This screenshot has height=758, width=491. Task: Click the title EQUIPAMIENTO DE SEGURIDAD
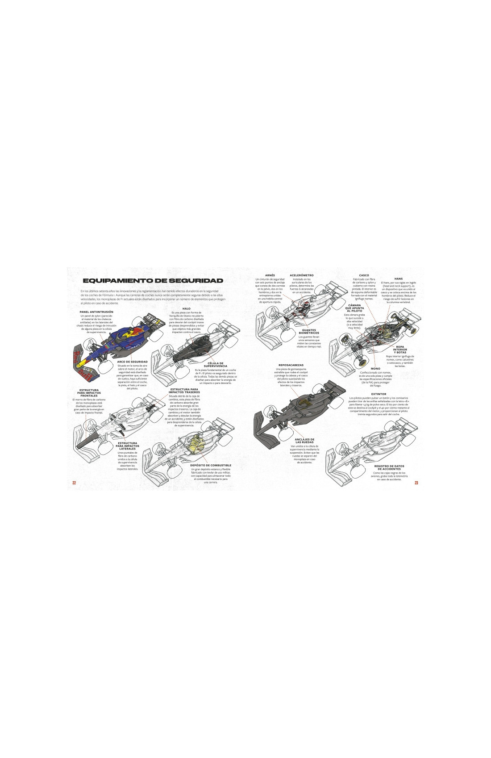coord(153,280)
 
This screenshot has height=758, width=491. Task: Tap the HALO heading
coord(186,308)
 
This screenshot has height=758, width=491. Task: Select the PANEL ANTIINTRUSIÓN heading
coord(96,312)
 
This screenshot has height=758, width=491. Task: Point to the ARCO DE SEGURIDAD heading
coord(132,362)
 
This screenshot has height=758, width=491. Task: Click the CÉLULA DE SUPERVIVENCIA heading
coord(215,365)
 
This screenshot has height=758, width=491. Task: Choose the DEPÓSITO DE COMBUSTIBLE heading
coord(211,465)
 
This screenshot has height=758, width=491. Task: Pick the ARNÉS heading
coord(270,275)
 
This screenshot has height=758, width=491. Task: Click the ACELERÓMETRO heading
coord(302,275)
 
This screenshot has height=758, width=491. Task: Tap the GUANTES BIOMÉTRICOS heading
coord(309,332)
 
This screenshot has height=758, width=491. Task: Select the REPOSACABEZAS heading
coord(291,365)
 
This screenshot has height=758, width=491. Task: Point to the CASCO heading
coord(364,275)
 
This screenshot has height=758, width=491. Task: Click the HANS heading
coord(399,279)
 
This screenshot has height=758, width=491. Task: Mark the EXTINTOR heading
coord(379,394)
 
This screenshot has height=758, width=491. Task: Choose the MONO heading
coord(375,369)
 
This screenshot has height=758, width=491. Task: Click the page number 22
coord(74,483)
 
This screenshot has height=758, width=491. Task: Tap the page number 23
coord(416,483)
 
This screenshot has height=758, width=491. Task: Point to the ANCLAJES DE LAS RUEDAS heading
coord(304,441)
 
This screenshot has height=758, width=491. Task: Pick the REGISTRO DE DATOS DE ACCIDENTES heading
coord(389,467)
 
